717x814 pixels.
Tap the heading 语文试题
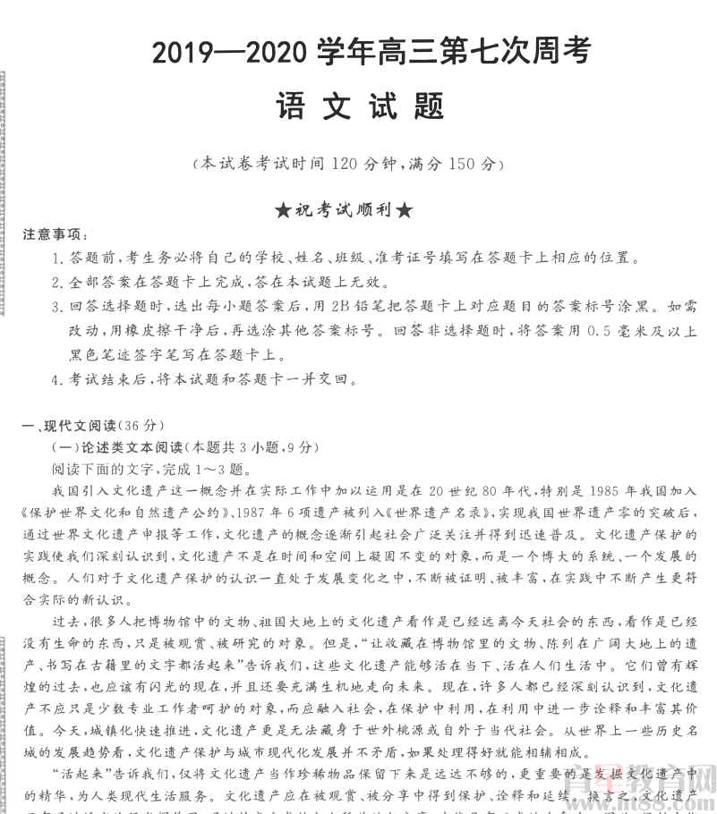point(360,108)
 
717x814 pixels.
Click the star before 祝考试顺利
point(282,211)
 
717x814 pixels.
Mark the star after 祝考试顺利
point(404,211)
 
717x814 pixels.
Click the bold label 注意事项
point(55,235)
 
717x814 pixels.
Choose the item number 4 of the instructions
point(56,378)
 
